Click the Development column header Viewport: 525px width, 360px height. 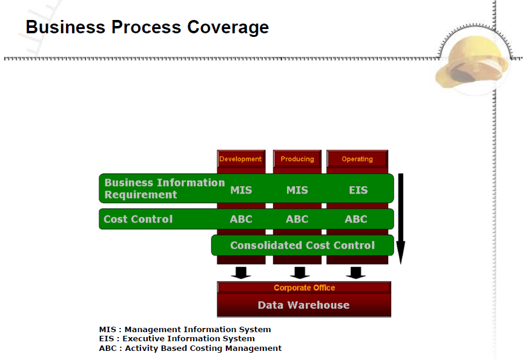coord(240,159)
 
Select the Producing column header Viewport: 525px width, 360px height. coord(297,159)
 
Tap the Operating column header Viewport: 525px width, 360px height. coord(357,159)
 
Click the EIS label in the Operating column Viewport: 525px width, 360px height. coord(358,190)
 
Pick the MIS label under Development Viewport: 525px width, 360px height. coord(241,190)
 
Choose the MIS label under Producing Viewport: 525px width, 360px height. coord(297,190)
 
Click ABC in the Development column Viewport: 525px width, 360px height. coord(241,219)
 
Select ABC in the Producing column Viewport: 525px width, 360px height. coord(297,219)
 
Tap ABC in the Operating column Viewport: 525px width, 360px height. coord(356,219)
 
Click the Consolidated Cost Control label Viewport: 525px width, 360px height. coord(302,245)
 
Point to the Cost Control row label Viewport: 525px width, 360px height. coord(138,219)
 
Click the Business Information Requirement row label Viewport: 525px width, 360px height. coord(164,188)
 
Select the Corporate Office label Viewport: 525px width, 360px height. coord(304,288)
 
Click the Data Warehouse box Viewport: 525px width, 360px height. coord(303,305)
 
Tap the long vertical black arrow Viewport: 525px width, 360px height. coord(400,218)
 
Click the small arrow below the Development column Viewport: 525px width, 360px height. coord(241,272)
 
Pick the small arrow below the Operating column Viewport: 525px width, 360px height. coord(356,272)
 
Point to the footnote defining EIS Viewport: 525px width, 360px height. coord(177,339)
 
